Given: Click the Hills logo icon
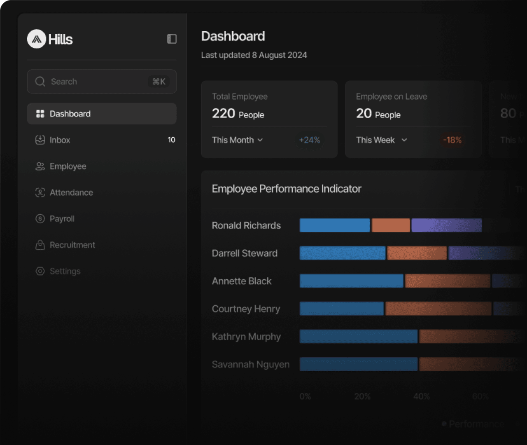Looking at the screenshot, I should pyautogui.click(x=36, y=39).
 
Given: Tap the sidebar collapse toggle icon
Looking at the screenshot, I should pyautogui.click(x=172, y=39).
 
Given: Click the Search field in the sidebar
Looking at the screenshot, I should pyautogui.click(x=102, y=82).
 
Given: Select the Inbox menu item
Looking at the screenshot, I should pyautogui.click(x=60, y=140).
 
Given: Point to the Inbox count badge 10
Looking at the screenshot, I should pyautogui.click(x=171, y=140).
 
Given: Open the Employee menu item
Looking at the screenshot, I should pyautogui.click(x=68, y=166).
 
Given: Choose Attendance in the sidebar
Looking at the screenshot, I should pyautogui.click(x=71, y=192).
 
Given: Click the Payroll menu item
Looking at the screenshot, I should pyautogui.click(x=62, y=219).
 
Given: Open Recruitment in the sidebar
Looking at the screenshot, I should pyautogui.click(x=72, y=245).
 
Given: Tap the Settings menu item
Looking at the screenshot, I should pyautogui.click(x=65, y=271).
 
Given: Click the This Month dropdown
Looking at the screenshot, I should pyautogui.click(x=238, y=140).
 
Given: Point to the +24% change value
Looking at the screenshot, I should pyautogui.click(x=310, y=140).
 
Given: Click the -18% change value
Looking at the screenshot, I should pyautogui.click(x=452, y=140).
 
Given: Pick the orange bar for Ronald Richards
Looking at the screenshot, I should pyautogui.click(x=391, y=225).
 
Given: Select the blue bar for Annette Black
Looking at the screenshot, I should pyautogui.click(x=351, y=281).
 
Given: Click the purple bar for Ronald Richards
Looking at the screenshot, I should pyautogui.click(x=446, y=225).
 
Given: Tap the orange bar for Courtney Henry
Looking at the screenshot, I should pyautogui.click(x=438, y=309).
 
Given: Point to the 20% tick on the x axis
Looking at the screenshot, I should pyautogui.click(x=362, y=396).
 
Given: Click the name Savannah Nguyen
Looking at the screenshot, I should pyautogui.click(x=250, y=365).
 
